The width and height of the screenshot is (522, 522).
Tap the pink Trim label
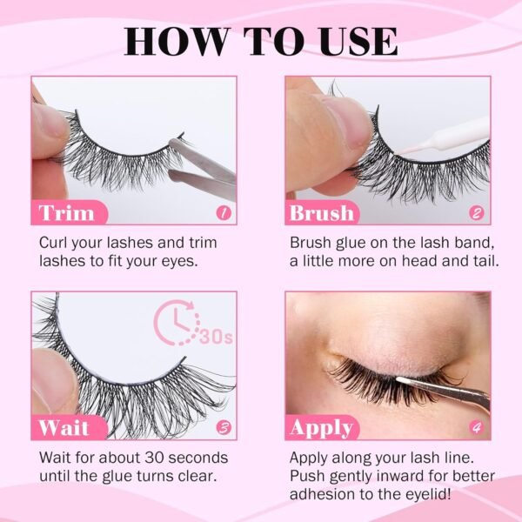[70, 212]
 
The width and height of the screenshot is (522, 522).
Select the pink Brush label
[322, 212]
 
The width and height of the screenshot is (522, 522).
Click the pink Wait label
[70, 427]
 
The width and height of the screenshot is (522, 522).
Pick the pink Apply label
[322, 427]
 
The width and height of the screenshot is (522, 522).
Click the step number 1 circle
[224, 213]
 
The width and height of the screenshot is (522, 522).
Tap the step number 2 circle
[477, 213]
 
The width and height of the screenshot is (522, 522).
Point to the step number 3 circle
[224, 427]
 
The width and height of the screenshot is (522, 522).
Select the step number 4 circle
[477, 427]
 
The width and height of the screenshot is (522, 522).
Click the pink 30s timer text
[216, 337]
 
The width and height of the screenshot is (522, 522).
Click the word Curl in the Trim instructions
[54, 243]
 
